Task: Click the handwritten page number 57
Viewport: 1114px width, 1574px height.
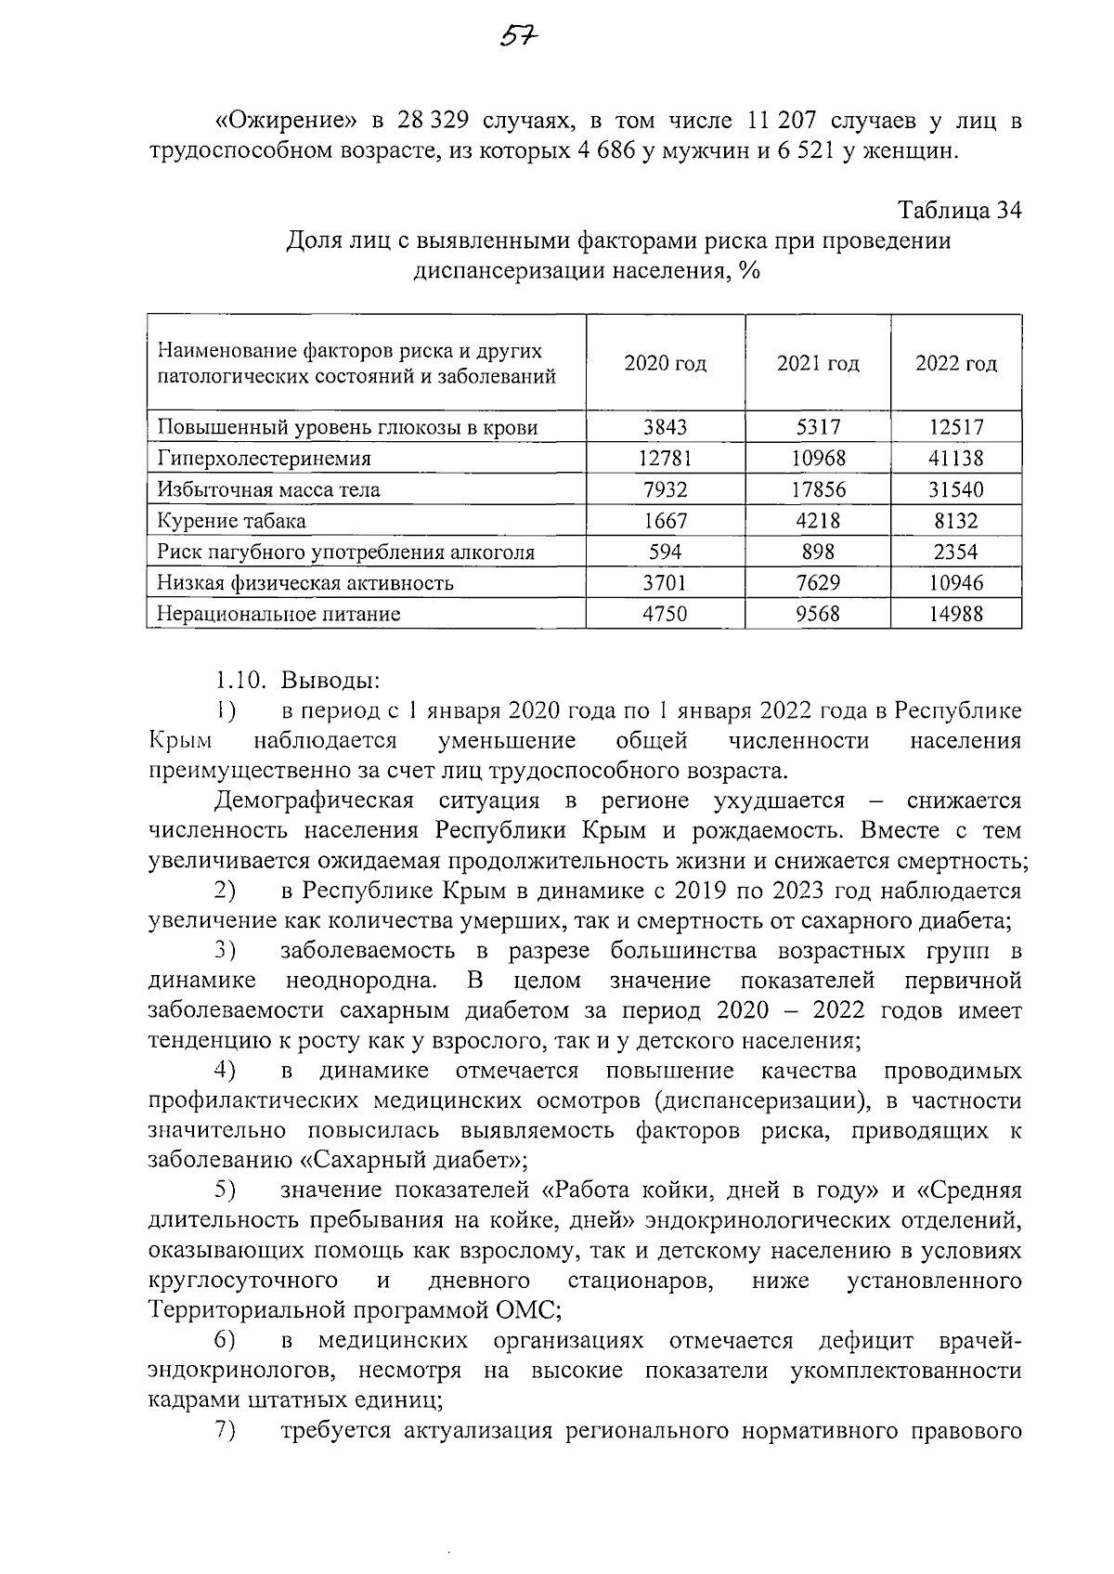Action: [520, 36]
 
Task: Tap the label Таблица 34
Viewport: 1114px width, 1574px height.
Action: [960, 211]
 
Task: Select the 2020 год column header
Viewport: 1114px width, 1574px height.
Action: [665, 363]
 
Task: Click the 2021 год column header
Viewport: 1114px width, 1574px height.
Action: [818, 363]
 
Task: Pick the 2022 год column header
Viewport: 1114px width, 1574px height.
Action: [956, 363]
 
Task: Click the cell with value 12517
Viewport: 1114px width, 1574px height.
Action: [956, 427]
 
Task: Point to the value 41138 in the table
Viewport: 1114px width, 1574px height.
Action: [956, 458]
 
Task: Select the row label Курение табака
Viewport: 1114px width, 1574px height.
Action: [231, 521]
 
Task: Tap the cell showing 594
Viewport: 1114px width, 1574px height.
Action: [665, 552]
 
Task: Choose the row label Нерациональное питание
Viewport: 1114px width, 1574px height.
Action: [278, 614]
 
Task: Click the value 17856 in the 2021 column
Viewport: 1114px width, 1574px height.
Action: [818, 489]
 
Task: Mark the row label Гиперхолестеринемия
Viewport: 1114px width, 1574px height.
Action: [265, 458]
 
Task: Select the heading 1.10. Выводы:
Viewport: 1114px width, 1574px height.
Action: [297, 681]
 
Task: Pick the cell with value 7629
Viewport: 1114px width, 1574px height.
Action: [818, 583]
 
